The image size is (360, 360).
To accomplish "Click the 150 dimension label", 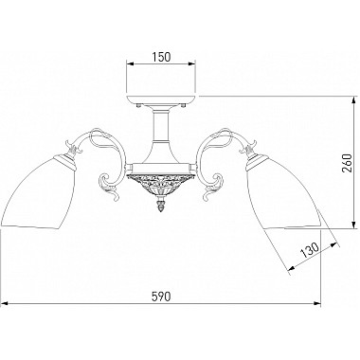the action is (x=161, y=57).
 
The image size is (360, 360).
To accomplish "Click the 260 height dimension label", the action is (x=347, y=163).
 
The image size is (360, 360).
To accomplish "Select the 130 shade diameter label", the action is (x=309, y=249).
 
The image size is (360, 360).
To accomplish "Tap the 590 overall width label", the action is (x=161, y=297).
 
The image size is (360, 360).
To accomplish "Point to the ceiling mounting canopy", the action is (x=161, y=99).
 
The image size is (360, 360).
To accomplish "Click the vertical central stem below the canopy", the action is (x=161, y=126).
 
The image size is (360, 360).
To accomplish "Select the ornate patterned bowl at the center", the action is (x=161, y=185).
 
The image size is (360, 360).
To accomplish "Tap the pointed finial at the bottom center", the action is (x=161, y=206).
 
